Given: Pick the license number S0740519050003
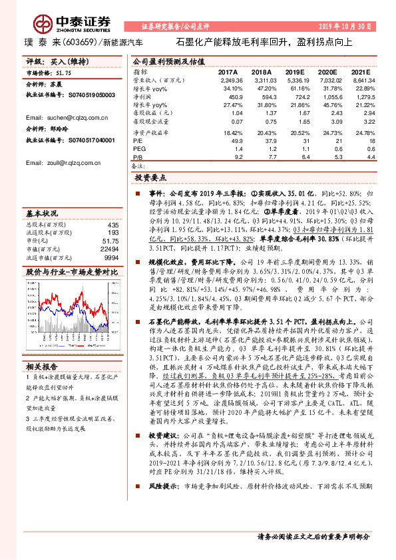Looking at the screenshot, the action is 87,96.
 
